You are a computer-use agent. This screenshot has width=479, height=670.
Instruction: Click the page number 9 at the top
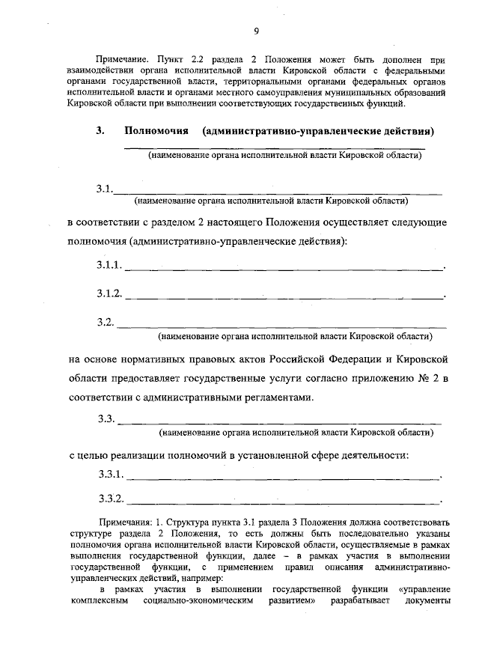pyautogui.click(x=256, y=31)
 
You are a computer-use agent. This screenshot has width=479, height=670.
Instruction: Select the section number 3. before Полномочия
pyautogui.click(x=100, y=131)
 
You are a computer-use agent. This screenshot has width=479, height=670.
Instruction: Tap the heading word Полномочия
pyautogui.click(x=156, y=131)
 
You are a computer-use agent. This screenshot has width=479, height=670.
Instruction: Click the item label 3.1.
pyautogui.click(x=104, y=189)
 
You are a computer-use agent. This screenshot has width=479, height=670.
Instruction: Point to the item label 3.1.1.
pyautogui.click(x=109, y=265)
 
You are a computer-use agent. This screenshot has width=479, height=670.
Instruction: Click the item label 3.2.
pyautogui.click(x=106, y=323)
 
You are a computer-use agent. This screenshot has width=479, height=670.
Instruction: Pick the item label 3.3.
pyautogui.click(x=106, y=418)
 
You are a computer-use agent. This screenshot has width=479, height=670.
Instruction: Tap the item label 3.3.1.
pyautogui.click(x=111, y=475)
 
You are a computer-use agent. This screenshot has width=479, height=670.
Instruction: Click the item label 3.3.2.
pyautogui.click(x=111, y=499)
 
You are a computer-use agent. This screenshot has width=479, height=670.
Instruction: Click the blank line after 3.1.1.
pyautogui.click(x=284, y=267)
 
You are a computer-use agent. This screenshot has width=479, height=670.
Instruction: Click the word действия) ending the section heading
pyautogui.click(x=409, y=131)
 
